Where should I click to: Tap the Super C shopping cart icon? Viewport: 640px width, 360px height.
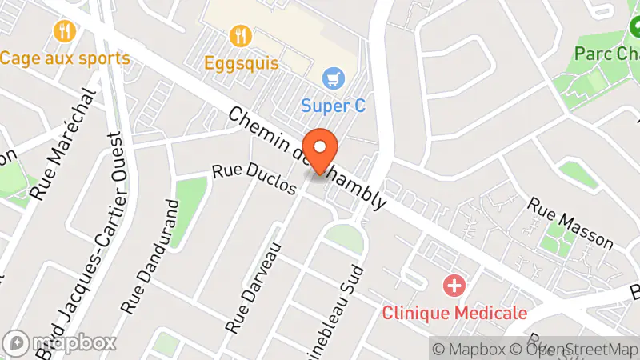click(333, 78)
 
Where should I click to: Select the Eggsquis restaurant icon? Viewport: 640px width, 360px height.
click(240, 35)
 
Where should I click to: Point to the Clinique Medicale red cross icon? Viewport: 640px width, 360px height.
click(454, 286)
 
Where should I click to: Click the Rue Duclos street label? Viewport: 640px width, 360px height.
click(254, 179)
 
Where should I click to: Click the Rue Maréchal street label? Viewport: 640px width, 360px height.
click(66, 144)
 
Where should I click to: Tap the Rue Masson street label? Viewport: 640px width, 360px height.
click(570, 224)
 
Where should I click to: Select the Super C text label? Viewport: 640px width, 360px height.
click(333, 105)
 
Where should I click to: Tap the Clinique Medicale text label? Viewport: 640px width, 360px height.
click(454, 312)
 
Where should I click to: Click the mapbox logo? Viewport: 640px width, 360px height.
click(60, 342)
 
